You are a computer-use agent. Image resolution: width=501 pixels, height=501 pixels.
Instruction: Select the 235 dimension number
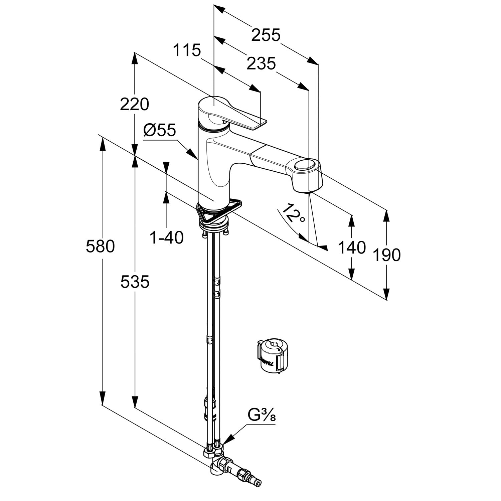point(261,63)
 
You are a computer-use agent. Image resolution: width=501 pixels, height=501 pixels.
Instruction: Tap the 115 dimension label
point(187,50)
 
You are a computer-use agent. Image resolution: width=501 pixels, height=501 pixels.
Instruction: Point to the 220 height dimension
point(134,104)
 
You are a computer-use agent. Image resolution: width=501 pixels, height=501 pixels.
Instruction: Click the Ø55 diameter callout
point(159,130)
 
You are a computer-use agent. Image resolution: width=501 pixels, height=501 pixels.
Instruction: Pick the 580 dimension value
point(100,246)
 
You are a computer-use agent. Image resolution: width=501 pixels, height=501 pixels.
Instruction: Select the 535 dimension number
point(135,282)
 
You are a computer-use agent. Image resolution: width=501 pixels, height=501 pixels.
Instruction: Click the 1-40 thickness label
point(166,238)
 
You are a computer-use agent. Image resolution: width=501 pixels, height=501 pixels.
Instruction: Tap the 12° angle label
point(293,214)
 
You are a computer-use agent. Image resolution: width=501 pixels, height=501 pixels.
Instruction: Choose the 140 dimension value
point(352,248)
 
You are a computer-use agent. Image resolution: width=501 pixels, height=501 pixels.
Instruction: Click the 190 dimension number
point(386,255)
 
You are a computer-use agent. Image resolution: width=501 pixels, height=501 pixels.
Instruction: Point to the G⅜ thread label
point(262,416)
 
